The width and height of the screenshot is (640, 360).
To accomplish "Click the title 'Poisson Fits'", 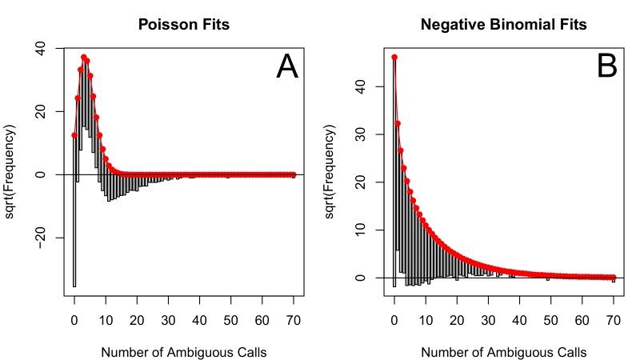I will point(184,25).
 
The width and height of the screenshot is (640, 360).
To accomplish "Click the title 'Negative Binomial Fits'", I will point(504,25).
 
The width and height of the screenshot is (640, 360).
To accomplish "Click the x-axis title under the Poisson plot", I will point(184,351).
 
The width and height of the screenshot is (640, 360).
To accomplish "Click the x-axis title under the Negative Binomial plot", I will point(504,351).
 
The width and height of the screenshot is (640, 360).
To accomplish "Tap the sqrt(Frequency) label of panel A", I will point(10,172).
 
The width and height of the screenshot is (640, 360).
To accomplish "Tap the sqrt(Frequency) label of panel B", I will point(330,172).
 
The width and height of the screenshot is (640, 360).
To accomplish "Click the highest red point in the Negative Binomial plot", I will point(394,57).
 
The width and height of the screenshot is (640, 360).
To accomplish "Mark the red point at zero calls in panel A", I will point(74,135).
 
